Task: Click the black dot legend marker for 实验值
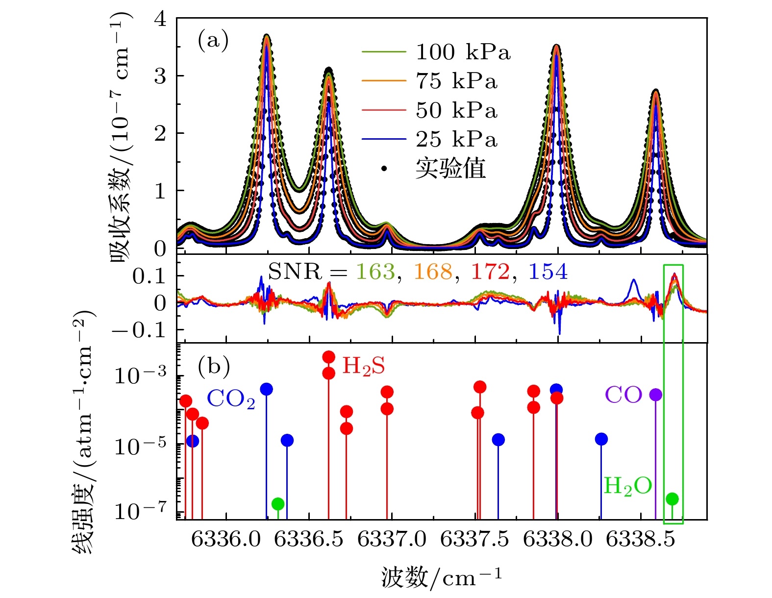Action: point(384,169)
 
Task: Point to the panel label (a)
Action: point(213,40)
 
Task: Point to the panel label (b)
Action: point(214,366)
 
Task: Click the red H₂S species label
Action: point(363,366)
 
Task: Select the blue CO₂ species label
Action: point(231,399)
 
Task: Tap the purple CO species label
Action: point(623,394)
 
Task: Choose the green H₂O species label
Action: point(627,486)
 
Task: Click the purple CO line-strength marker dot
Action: point(655,395)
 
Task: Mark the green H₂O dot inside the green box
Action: point(672,499)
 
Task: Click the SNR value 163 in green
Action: point(375,272)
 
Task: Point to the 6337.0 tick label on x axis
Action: point(392,539)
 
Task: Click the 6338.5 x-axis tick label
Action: point(641,539)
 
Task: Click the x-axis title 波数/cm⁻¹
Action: point(441,577)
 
